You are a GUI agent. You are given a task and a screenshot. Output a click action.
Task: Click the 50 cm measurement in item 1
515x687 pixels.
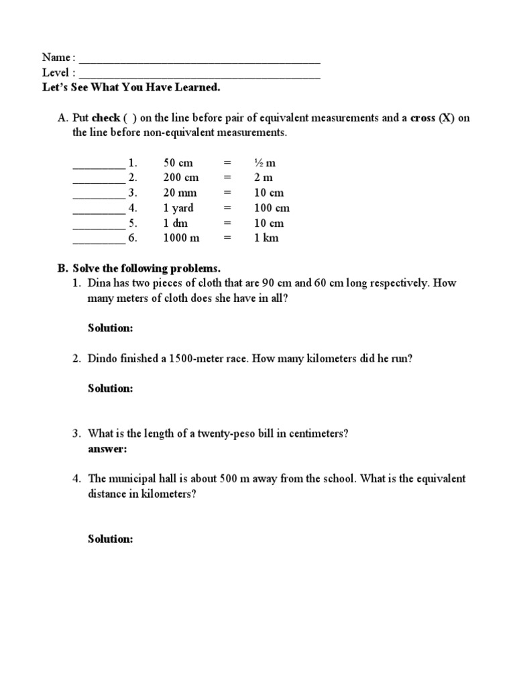tap(177, 163)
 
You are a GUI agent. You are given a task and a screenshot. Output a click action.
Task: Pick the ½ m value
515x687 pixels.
tap(265, 163)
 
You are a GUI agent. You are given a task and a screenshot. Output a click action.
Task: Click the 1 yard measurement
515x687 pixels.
tap(178, 208)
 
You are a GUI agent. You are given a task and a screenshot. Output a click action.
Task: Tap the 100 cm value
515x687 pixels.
tap(272, 208)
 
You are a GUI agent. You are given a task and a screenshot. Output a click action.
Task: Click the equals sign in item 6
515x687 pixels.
tap(227, 237)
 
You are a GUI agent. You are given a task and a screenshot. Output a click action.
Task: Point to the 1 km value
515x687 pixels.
tap(266, 237)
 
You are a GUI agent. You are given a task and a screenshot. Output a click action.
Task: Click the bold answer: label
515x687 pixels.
tap(107, 449)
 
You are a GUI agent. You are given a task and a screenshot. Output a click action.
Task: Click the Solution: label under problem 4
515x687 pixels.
tap(111, 539)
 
